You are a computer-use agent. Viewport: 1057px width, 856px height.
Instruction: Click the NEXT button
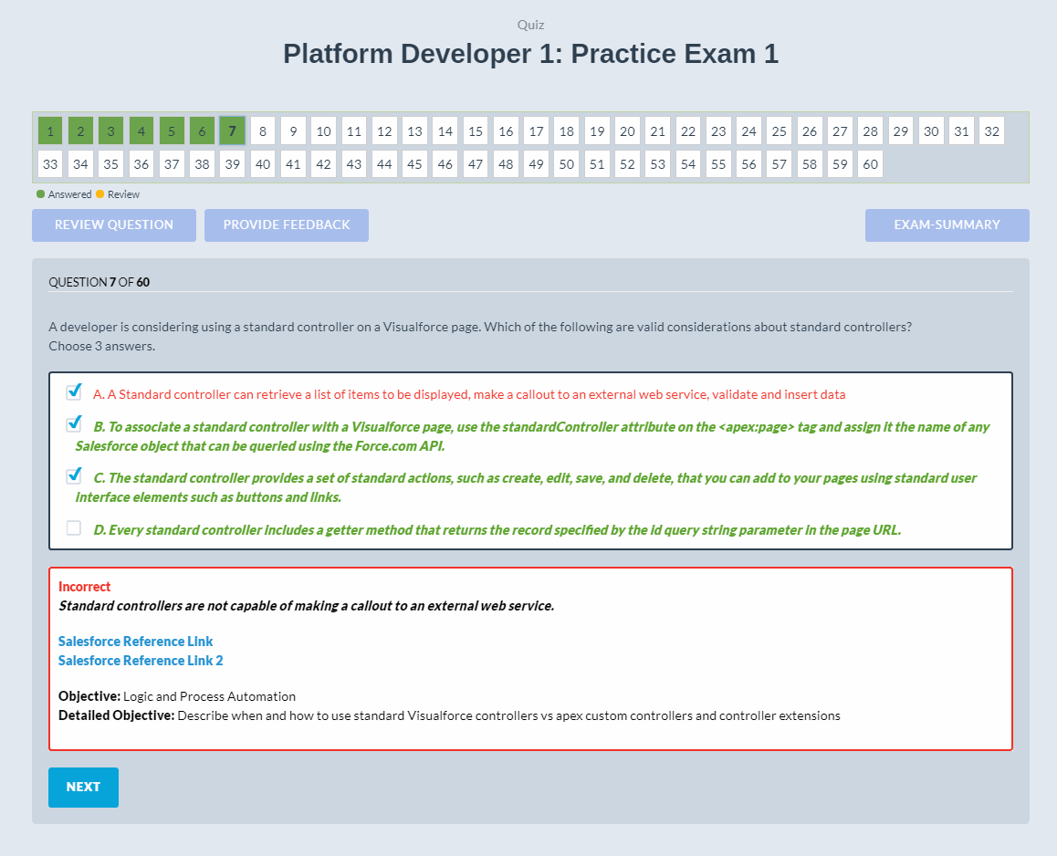pyautogui.click(x=83, y=787)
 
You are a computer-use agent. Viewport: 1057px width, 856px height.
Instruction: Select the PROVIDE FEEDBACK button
pyautogui.click(x=287, y=225)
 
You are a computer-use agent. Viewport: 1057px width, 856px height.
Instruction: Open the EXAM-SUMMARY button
pyautogui.click(x=947, y=225)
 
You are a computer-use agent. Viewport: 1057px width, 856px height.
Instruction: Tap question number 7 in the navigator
pyautogui.click(x=232, y=131)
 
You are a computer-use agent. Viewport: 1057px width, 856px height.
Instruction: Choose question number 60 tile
pyautogui.click(x=870, y=164)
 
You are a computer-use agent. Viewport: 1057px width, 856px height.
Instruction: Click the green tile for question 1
pyautogui.click(x=50, y=131)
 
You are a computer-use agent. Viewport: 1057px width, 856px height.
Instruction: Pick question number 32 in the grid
pyautogui.click(x=991, y=131)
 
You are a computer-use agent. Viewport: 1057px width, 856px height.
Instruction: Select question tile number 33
pyautogui.click(x=50, y=164)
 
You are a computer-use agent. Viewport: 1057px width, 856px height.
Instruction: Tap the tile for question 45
pyautogui.click(x=414, y=164)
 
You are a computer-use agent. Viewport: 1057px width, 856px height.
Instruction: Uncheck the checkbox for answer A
pyautogui.click(x=74, y=392)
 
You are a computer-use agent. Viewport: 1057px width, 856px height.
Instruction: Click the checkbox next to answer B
pyautogui.click(x=74, y=424)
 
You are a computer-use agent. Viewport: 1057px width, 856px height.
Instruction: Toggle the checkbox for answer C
pyautogui.click(x=74, y=475)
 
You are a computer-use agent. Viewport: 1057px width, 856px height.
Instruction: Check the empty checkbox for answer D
pyautogui.click(x=74, y=527)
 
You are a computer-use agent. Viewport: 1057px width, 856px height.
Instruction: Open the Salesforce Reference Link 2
pyautogui.click(x=141, y=661)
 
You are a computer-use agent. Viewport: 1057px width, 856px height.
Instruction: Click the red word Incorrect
pyautogui.click(x=84, y=587)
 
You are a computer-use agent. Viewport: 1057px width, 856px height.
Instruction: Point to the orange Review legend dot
pyautogui.click(x=100, y=194)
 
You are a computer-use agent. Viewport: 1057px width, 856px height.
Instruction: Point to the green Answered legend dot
pyautogui.click(x=40, y=194)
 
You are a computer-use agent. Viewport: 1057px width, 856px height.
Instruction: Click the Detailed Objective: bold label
pyautogui.click(x=116, y=715)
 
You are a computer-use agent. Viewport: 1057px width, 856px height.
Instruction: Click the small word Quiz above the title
pyautogui.click(x=530, y=25)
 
